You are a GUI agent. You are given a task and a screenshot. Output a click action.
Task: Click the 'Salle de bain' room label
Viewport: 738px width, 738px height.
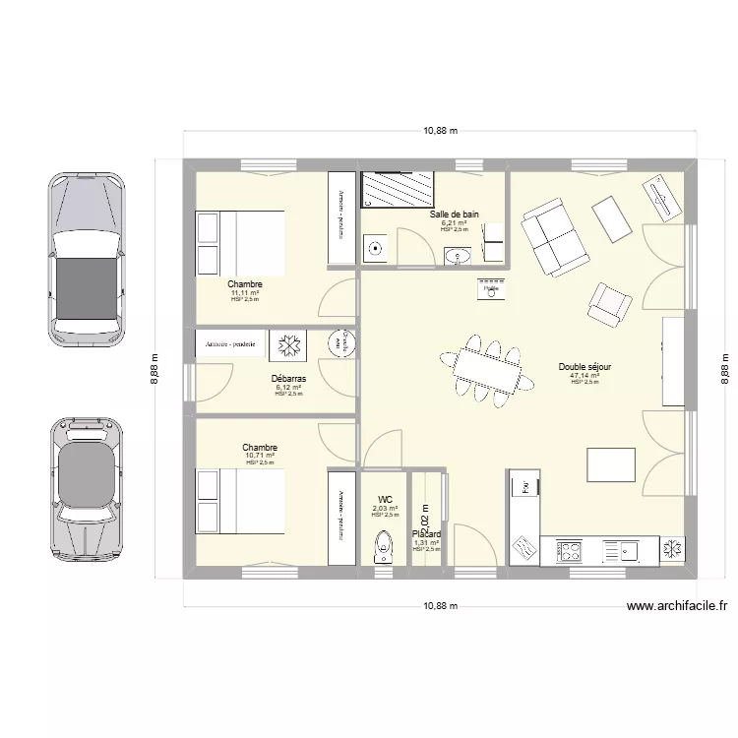(454, 214)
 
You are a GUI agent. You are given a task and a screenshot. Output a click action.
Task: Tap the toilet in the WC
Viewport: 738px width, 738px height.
(383, 547)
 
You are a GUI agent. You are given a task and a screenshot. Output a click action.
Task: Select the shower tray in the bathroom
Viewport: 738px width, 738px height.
(399, 190)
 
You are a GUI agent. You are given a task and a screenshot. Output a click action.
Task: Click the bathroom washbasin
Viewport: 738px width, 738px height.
(458, 257)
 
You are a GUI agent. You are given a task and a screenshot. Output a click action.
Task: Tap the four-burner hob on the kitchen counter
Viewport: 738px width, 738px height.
(570, 550)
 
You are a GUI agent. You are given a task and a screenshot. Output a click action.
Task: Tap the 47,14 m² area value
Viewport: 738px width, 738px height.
(584, 375)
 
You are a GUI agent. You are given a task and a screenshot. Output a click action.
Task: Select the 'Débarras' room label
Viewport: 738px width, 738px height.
(288, 378)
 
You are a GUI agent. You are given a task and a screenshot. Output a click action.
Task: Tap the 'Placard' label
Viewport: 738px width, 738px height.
(426, 534)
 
